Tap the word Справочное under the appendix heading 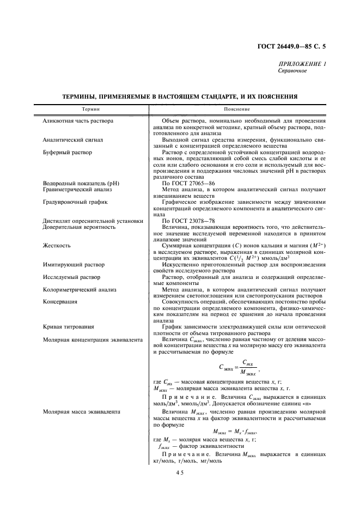click(293, 71)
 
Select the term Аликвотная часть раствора click(78, 120)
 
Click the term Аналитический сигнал click(73, 140)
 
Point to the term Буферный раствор click(67, 153)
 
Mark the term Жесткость click(56, 246)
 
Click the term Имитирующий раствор click(71, 264)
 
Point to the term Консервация click(60, 301)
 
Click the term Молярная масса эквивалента click(81, 412)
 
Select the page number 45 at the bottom click(181, 473)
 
